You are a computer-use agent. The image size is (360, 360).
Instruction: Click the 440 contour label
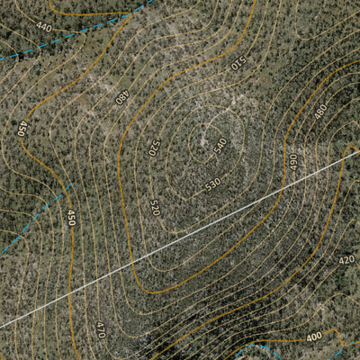(43, 27)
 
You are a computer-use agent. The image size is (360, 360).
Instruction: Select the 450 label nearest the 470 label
(71, 217)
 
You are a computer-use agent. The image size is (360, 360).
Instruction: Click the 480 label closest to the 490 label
(320, 111)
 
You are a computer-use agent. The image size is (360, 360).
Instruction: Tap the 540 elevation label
(220, 144)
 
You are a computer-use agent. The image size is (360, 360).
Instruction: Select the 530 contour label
(211, 184)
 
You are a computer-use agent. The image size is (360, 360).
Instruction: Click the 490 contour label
(292, 162)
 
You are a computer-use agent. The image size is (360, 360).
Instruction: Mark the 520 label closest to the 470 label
(155, 208)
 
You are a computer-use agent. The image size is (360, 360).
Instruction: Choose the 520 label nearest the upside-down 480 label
(153, 145)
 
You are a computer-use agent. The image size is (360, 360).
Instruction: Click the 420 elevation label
(346, 259)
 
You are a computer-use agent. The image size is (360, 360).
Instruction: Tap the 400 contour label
(313, 337)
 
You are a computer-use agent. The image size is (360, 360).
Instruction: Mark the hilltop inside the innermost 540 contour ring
(216, 135)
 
